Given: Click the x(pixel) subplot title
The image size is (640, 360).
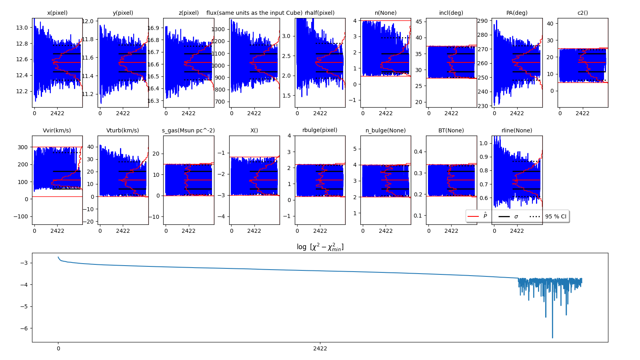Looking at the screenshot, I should coord(57,13).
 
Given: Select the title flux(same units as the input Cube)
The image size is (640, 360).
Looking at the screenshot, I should coord(254,13).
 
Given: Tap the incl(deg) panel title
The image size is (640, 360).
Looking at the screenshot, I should coord(451,13).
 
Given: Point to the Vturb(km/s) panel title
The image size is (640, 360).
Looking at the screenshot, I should coord(123,130).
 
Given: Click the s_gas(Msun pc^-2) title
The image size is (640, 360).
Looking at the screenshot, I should coord(188,130).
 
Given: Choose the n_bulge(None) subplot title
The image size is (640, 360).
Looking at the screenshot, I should coord(386,130).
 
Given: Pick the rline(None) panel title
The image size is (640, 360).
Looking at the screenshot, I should coord(517,130).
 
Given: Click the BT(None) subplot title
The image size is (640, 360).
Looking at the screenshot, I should coord(451,130).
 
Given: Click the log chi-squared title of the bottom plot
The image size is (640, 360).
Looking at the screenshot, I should coord(320,247).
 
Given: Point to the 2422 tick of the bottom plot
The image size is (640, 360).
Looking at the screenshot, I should coord(320,348).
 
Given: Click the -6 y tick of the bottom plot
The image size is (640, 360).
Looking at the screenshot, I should coord(24,328).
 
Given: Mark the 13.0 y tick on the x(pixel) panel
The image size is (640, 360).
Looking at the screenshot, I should coord(22,28).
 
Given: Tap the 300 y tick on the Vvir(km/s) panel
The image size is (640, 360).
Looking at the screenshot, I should coord(23,147).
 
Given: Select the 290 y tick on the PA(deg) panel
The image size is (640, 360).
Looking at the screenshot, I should coord(482,21).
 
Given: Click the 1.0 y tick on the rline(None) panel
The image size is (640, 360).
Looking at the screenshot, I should coord(483,143).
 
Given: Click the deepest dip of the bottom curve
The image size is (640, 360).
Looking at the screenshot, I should coord(552,338).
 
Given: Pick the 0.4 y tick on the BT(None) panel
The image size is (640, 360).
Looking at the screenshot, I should coord(418,152).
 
